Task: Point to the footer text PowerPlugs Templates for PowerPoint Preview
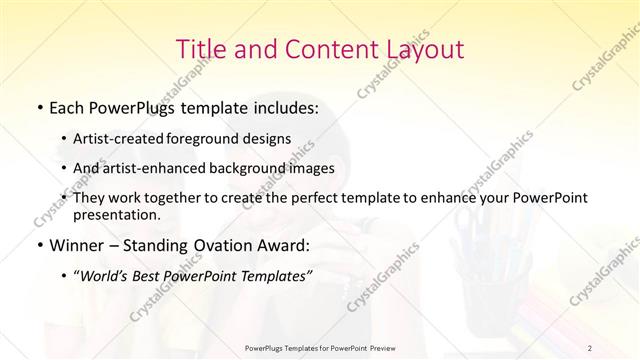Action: coord(319,348)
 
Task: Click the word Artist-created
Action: coord(112,140)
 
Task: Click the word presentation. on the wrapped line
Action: coord(115,215)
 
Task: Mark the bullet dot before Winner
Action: coord(38,245)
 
